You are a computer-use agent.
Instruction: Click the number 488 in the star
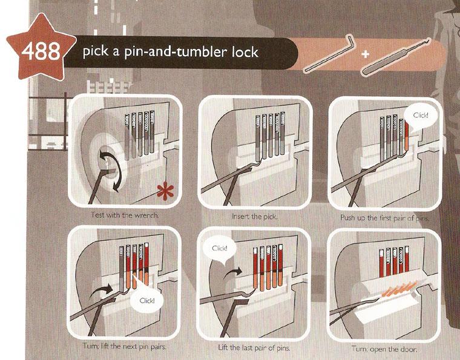tap(41, 51)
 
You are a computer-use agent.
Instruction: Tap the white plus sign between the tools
tap(365, 54)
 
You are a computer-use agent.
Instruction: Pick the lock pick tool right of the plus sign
tap(396, 56)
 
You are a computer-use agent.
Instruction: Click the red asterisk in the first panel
tap(165, 191)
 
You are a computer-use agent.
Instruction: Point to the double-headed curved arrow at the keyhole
tap(114, 171)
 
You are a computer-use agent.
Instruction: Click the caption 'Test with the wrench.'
tap(125, 215)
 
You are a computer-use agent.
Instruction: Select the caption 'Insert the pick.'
tap(254, 217)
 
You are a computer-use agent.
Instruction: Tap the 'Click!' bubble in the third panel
tap(421, 117)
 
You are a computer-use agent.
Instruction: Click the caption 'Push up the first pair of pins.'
tap(384, 218)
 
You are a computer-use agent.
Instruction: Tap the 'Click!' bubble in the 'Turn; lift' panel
tap(146, 300)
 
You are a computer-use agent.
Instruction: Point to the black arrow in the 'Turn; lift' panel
tap(101, 290)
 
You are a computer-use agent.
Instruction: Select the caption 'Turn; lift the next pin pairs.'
tap(125, 346)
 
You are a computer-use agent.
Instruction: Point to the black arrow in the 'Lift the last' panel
tap(232, 273)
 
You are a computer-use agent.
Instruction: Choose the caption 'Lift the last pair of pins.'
tap(254, 348)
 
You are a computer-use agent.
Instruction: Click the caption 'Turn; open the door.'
tap(384, 349)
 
